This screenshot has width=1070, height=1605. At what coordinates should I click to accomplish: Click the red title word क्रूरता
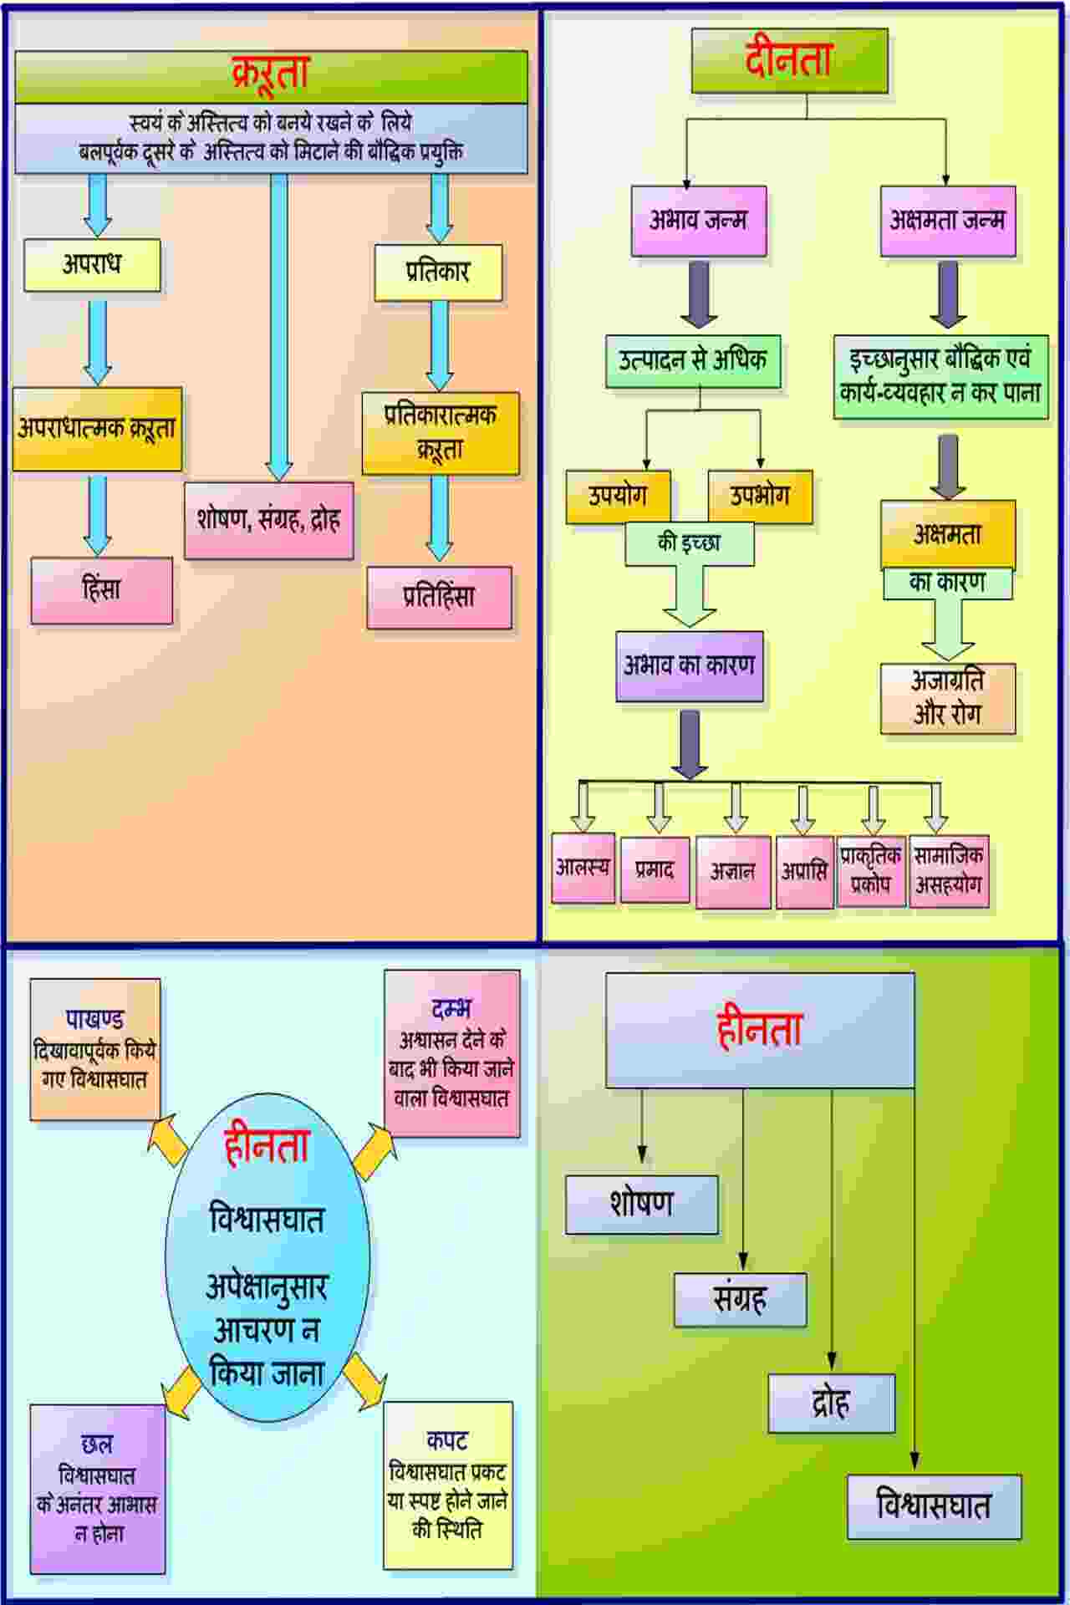(x=271, y=74)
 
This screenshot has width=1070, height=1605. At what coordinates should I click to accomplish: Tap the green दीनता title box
(x=789, y=60)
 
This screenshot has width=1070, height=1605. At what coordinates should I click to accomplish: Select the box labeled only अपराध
(x=92, y=265)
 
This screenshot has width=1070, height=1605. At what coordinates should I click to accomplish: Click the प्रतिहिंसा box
(x=439, y=597)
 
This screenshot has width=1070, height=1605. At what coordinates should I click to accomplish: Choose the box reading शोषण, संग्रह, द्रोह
(x=268, y=520)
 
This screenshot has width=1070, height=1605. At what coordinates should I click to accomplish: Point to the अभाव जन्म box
(x=698, y=221)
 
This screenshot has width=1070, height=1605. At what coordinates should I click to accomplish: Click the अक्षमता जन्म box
(x=947, y=221)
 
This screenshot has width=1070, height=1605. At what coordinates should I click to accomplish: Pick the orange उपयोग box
(x=618, y=496)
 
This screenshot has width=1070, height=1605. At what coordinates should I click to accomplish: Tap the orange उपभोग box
(x=760, y=496)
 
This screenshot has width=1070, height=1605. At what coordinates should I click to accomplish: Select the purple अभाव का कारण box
(x=690, y=665)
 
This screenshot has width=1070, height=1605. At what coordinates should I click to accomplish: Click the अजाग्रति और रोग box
(x=947, y=698)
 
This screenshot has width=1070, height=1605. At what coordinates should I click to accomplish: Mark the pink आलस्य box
(x=583, y=868)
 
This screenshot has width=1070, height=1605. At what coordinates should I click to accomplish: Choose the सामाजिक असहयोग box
(x=949, y=870)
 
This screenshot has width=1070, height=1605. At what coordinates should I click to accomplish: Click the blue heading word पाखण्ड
(x=95, y=1019)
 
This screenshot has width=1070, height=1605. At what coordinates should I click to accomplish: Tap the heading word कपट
(x=447, y=1440)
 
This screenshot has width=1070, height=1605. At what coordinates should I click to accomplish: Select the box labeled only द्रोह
(x=831, y=1404)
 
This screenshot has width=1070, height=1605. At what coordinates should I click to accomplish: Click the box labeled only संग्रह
(x=740, y=1299)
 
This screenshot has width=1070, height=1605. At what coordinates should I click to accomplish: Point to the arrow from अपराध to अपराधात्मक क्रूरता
(x=98, y=340)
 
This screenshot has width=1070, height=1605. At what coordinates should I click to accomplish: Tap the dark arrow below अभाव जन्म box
(x=699, y=294)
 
